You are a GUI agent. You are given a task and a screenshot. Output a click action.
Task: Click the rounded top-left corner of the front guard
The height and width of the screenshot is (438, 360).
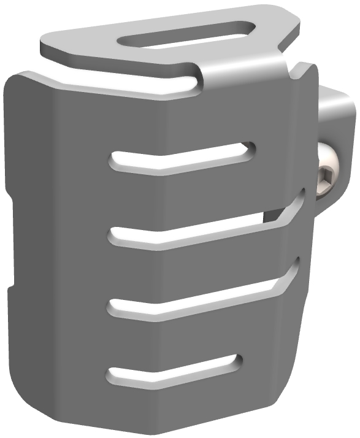(18, 80)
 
